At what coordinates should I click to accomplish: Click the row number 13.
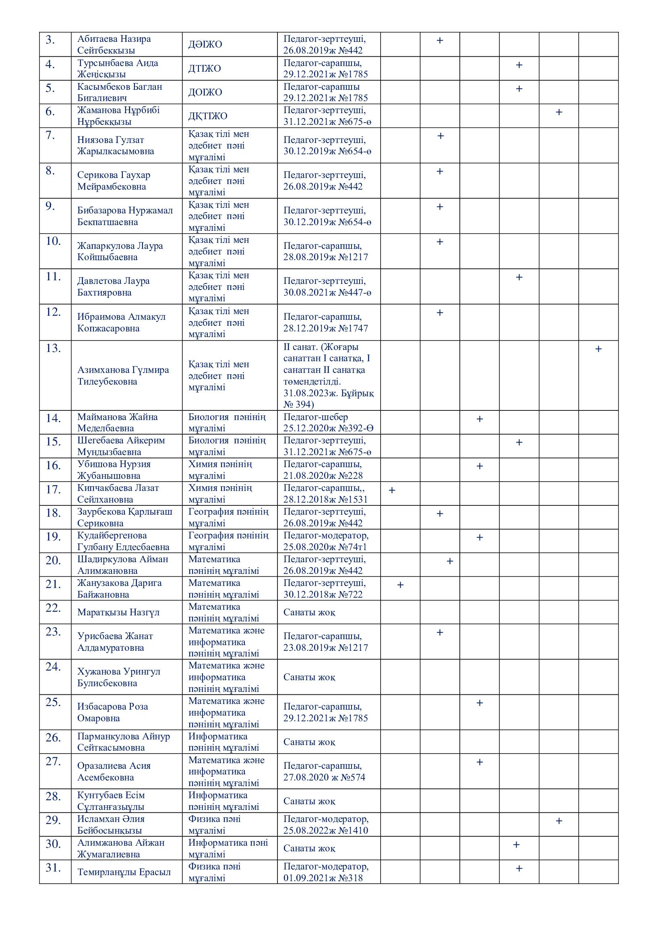point(53,348)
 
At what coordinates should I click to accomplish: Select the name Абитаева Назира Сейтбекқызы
point(114,45)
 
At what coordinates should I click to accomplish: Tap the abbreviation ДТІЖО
point(204,68)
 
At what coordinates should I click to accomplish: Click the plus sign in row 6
point(558,112)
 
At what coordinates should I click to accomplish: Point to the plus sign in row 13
point(598,349)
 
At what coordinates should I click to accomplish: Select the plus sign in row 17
point(392,490)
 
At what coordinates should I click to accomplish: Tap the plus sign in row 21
point(400,585)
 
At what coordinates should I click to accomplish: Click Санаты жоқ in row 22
point(309,613)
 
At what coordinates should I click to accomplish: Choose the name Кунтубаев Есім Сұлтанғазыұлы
point(111,801)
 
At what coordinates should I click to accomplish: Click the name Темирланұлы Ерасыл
point(124,872)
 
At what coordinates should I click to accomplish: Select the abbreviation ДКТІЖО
point(207,116)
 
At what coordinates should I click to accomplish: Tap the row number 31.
point(53,868)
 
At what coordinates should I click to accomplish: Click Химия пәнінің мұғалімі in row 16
point(220,470)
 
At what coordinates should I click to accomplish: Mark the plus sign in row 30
point(516,845)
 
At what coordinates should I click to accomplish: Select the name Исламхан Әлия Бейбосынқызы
point(111,825)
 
